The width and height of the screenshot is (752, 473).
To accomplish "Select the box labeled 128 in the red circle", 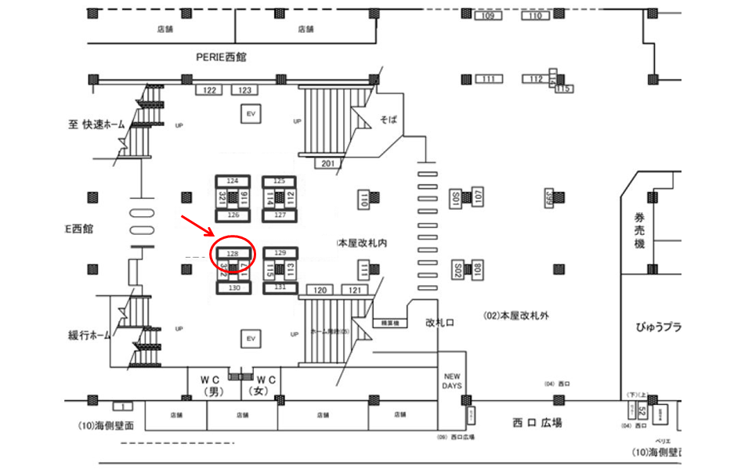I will (x=232, y=254).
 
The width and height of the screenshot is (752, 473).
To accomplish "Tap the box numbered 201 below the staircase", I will (x=328, y=163).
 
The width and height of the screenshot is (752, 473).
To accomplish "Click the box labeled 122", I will (x=209, y=90).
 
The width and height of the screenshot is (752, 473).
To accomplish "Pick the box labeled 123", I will (x=244, y=90).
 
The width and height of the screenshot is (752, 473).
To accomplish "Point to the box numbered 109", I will (x=488, y=16).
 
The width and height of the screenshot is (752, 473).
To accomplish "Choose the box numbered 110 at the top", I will (x=536, y=16).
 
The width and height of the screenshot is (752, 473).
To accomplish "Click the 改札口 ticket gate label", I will (x=441, y=322).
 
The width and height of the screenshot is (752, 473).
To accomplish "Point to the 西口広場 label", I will (x=537, y=423).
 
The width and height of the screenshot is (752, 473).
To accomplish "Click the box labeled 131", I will (x=280, y=287).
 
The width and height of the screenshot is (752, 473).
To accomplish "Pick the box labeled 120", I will (x=320, y=291).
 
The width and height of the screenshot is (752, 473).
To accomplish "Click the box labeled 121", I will (x=354, y=291).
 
